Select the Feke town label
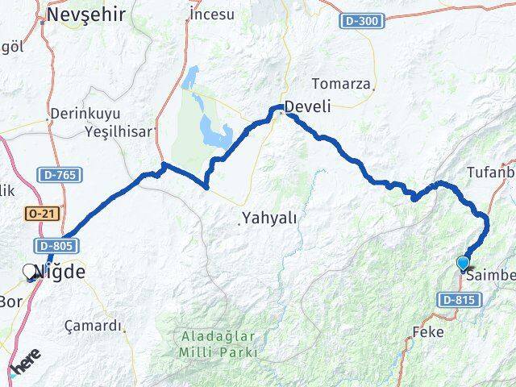coord(427,331)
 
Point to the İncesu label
coord(211,14)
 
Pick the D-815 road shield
coord(457,300)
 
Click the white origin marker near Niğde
coord(31,272)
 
